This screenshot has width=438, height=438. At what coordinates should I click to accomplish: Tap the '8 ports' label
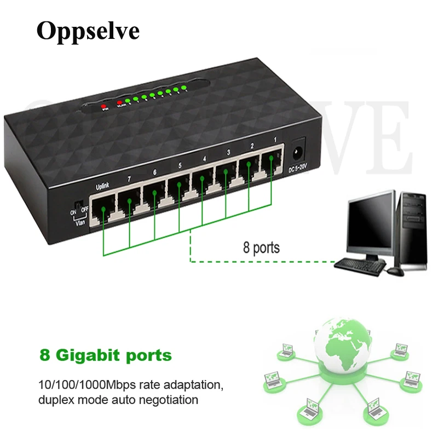coord(261,247)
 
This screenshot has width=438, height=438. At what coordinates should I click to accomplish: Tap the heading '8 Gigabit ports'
coord(106,355)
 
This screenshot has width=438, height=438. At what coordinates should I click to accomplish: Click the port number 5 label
coord(179,165)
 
